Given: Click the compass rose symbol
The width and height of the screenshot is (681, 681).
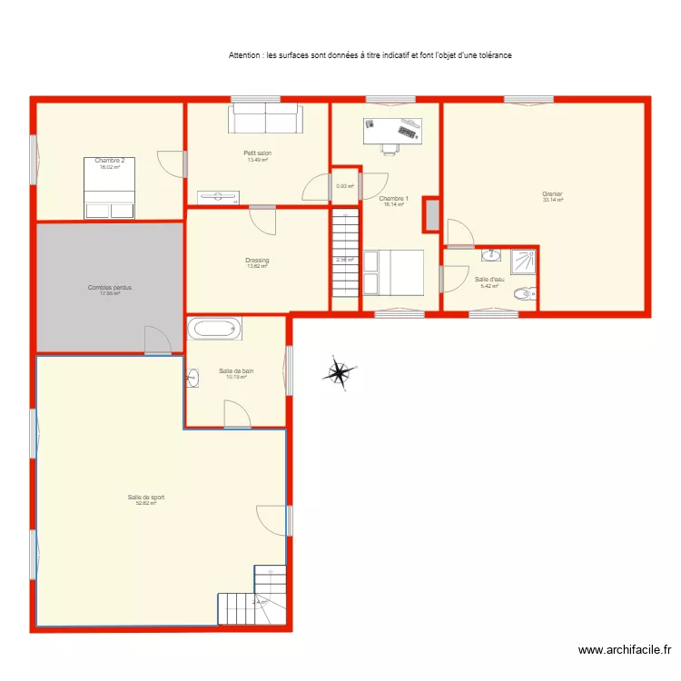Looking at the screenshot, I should (339, 372).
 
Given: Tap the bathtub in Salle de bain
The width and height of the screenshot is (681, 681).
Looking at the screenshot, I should (214, 328).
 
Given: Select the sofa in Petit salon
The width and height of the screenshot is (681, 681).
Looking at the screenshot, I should (265, 119).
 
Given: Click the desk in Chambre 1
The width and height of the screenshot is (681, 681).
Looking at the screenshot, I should (392, 132).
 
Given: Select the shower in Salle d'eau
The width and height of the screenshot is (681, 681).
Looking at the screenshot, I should (522, 262).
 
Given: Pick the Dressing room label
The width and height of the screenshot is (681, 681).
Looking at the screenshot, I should (257, 262).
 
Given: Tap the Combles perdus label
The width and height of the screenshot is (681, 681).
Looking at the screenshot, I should (110, 288).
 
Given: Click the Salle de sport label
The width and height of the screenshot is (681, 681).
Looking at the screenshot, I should (145, 498).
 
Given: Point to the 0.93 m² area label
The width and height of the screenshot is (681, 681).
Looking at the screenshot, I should (345, 186).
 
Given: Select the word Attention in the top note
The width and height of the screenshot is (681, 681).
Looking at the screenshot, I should (245, 55).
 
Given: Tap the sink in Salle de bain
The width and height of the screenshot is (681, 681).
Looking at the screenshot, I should (192, 378).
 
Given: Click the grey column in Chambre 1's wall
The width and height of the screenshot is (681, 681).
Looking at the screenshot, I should (431, 215).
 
